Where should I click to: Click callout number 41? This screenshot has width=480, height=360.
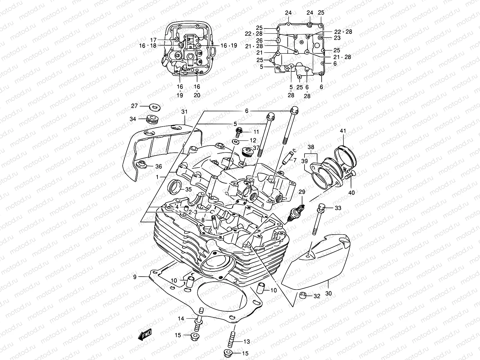point(343,131)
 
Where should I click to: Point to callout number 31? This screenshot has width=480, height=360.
point(184,112)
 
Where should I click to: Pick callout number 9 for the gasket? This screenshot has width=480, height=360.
point(135,277)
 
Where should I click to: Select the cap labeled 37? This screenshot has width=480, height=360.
point(248,151)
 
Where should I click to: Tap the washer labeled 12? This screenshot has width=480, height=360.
point(236,141)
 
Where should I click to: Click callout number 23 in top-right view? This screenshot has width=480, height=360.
point(337,38)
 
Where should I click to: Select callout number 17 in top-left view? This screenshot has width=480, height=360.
point(153,40)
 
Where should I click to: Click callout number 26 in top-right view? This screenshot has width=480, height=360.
point(259,40)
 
